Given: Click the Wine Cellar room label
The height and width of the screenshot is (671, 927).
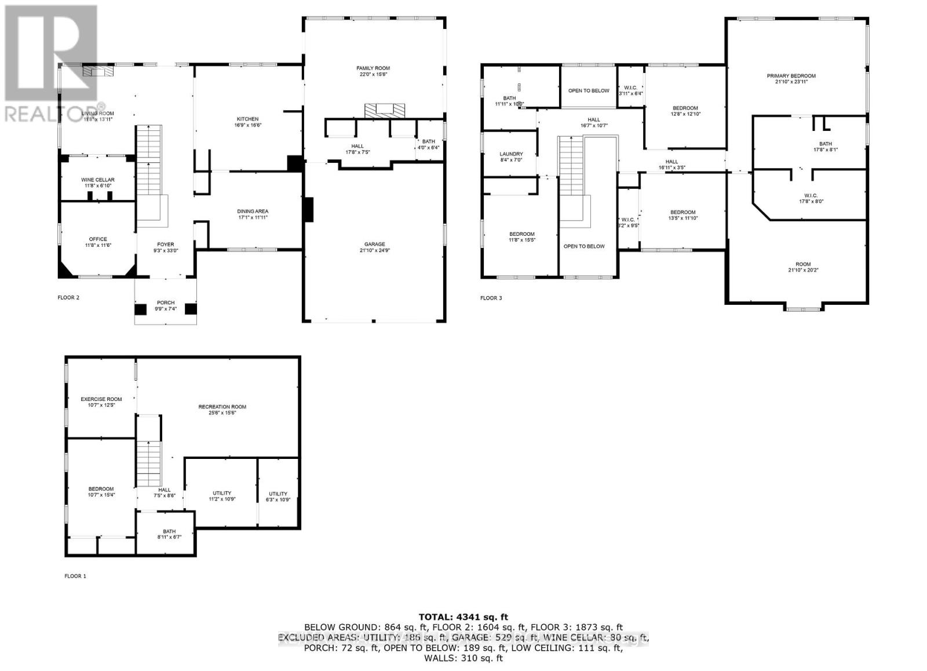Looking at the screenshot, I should click(x=97, y=180).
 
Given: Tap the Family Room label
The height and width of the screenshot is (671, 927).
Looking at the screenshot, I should click(x=373, y=68).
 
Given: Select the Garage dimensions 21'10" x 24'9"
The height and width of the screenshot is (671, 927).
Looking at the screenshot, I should click(x=374, y=251).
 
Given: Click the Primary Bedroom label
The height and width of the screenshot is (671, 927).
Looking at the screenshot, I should click(x=791, y=76).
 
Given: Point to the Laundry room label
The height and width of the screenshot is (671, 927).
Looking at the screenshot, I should click(x=511, y=154).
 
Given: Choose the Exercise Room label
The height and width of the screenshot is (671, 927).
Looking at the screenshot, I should click(x=101, y=399).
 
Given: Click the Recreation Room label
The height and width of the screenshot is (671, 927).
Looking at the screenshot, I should click(x=222, y=407).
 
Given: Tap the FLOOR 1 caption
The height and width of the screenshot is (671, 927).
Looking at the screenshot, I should click(x=75, y=576).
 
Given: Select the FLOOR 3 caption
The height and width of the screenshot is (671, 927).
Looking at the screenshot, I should click(x=491, y=298).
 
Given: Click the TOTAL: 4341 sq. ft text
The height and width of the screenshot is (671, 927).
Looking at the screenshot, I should click(x=463, y=617).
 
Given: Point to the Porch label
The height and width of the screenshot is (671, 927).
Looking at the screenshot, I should click(x=165, y=303).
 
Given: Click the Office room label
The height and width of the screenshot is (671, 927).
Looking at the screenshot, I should click(x=98, y=239).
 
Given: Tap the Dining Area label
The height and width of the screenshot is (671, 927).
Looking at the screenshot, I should click(x=253, y=211).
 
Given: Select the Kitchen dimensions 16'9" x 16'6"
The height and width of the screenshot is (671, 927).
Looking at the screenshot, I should click(x=246, y=125).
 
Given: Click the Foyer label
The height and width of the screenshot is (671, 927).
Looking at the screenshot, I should click(x=165, y=245).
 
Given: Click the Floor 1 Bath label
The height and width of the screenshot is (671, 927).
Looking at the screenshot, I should click(x=169, y=531).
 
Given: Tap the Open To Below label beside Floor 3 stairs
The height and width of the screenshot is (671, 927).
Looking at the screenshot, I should click(x=583, y=246).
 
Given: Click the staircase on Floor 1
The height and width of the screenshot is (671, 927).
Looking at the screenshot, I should click(x=149, y=464).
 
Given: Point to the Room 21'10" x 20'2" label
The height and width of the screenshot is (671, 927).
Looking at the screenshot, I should click(x=802, y=264).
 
